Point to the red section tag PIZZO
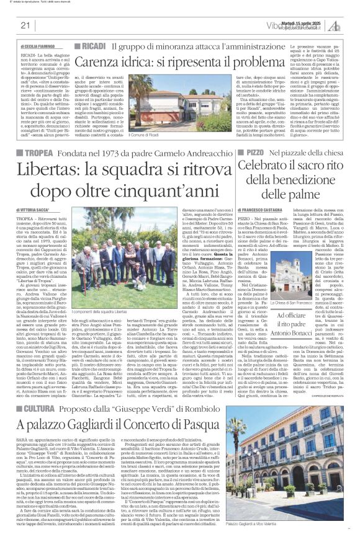258,152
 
